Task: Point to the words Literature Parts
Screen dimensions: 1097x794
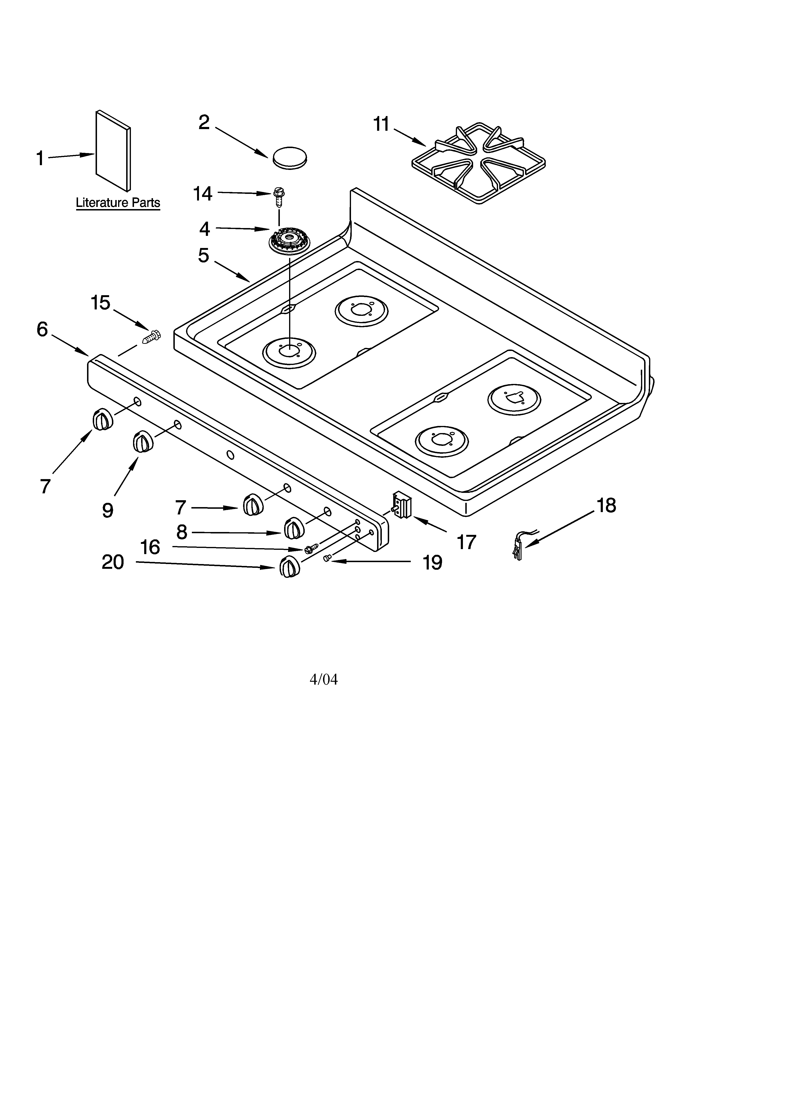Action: point(118,203)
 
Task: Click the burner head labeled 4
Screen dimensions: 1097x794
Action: point(289,240)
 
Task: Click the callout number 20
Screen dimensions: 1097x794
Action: point(113,562)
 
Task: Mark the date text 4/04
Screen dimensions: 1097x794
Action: point(323,680)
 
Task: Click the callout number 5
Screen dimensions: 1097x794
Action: point(203,255)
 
